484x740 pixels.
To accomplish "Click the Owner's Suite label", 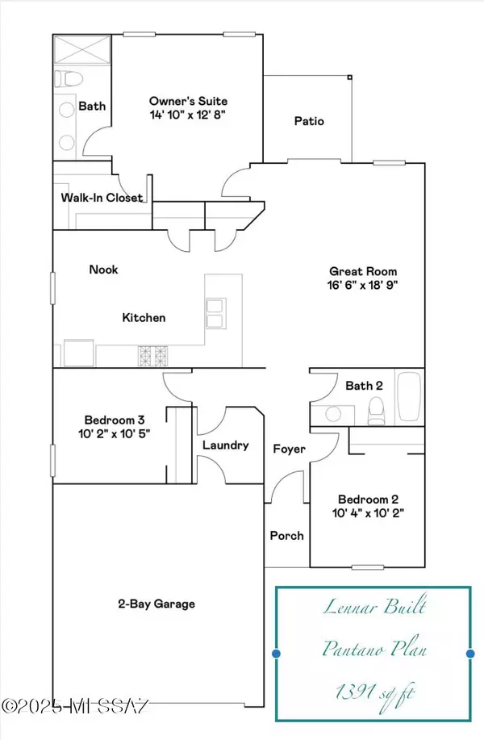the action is tap(188, 101).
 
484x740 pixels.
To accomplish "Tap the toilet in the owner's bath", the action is tap(68, 79).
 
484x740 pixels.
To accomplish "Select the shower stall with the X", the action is tap(82, 49).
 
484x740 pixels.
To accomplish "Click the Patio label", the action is tap(309, 121).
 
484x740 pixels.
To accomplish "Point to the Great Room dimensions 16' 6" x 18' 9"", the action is tap(363, 285).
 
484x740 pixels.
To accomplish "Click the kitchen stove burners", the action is tap(152, 356).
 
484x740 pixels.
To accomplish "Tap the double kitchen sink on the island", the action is tap(216, 313).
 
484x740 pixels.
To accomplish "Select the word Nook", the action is tap(103, 270).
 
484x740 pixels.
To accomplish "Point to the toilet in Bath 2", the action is tap(376, 412).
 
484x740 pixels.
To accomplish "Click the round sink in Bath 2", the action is tap(333, 414).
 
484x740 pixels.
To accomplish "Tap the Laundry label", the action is tap(226, 445).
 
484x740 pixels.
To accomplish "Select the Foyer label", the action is tap(289, 449).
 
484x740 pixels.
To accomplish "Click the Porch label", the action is tap(287, 536).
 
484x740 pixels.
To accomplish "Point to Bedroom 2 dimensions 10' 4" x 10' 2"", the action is tap(368, 513).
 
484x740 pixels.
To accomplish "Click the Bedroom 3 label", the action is tap(115, 420).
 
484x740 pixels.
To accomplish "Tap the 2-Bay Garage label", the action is tap(156, 604).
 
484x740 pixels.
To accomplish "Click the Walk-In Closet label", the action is tap(102, 197).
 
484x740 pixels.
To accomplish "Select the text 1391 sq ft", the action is tap(375, 693).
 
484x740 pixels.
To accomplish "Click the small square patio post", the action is tap(349, 77).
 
